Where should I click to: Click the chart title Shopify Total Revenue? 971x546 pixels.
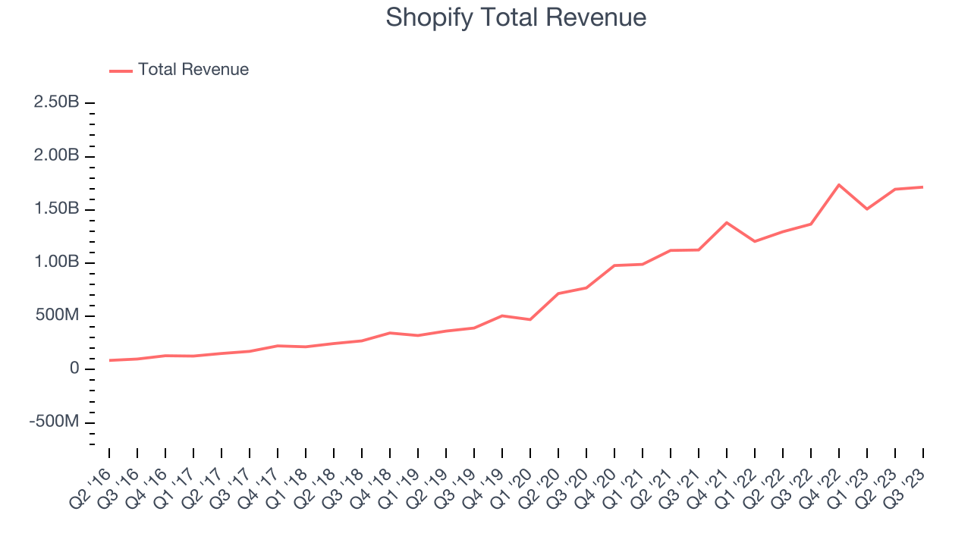tap(516, 17)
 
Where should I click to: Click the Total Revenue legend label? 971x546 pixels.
tap(193, 70)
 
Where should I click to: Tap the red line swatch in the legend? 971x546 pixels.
tap(121, 71)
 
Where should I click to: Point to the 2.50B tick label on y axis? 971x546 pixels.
tap(56, 102)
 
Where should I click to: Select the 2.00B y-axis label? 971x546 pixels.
tap(56, 155)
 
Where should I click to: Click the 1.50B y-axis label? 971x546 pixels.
tap(56, 209)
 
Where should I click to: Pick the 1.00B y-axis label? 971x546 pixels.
tap(56, 262)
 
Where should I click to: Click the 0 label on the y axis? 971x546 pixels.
tap(74, 369)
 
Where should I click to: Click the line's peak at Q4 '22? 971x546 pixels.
tap(839, 184)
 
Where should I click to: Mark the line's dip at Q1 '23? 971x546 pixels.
tap(867, 209)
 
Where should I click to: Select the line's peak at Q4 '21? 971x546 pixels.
tap(727, 222)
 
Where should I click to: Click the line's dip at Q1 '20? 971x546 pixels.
tap(529, 319)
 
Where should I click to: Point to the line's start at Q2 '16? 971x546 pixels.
tap(109, 360)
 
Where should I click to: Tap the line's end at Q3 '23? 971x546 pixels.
tap(922, 187)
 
